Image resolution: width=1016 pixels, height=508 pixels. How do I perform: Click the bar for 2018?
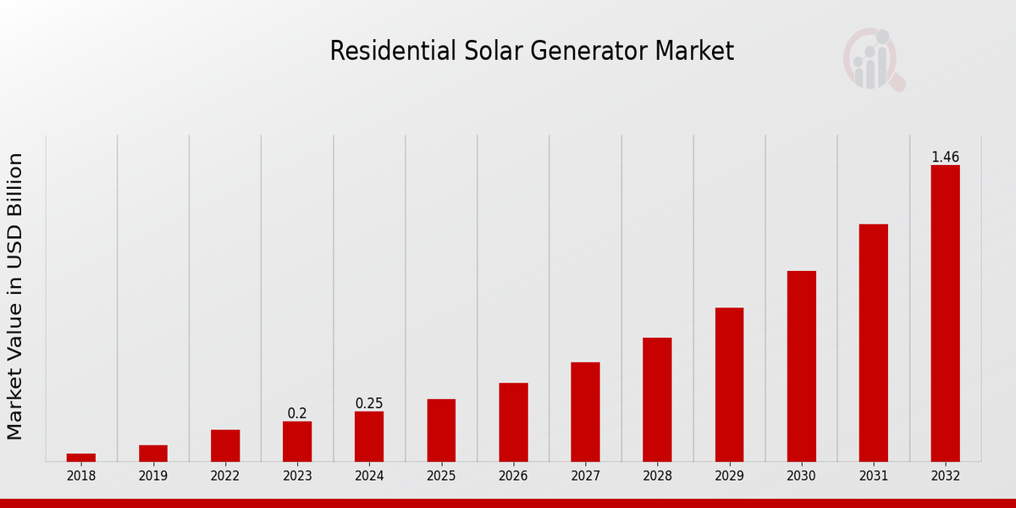(x=81, y=457)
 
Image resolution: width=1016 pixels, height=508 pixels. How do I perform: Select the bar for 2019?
(x=153, y=453)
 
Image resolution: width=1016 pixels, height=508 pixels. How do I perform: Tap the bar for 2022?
(x=225, y=445)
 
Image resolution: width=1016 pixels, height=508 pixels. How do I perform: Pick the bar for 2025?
(x=441, y=430)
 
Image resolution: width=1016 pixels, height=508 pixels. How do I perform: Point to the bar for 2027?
(x=585, y=411)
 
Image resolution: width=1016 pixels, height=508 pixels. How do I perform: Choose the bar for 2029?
(x=729, y=384)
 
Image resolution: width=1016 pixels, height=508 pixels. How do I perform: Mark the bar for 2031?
(x=873, y=343)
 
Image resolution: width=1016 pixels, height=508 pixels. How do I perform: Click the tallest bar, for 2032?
(x=945, y=313)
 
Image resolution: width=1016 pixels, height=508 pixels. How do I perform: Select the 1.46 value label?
(x=945, y=157)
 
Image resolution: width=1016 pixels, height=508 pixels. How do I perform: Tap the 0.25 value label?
(x=369, y=404)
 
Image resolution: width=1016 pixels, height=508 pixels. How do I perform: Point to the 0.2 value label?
(x=297, y=414)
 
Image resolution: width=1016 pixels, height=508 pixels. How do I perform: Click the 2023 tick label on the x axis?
(x=297, y=476)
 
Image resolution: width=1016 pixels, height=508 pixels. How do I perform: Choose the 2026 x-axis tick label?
(x=513, y=476)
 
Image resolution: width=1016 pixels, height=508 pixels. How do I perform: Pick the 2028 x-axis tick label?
(x=657, y=476)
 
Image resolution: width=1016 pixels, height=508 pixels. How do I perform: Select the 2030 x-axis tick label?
(x=801, y=476)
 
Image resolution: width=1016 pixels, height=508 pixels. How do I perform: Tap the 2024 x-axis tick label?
(x=369, y=476)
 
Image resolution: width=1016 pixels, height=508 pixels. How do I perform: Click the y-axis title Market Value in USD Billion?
(x=15, y=296)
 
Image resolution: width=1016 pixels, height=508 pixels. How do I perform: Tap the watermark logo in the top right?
(x=873, y=59)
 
